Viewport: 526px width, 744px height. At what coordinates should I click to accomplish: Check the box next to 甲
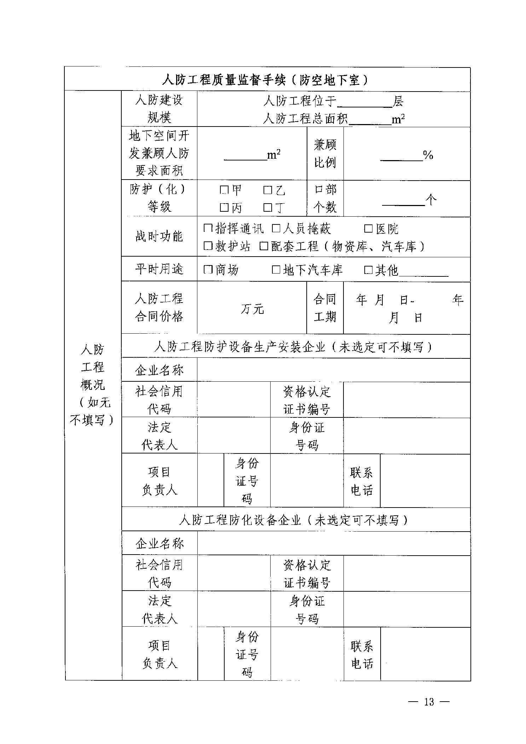(224, 190)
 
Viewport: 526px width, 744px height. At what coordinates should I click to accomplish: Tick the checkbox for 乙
(268, 190)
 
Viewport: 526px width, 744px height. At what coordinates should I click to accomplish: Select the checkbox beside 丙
(224, 207)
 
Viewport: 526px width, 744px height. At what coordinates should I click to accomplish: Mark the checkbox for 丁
(268, 207)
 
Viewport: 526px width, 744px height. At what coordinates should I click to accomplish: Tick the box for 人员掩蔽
(276, 228)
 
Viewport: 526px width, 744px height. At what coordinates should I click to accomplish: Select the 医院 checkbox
(368, 229)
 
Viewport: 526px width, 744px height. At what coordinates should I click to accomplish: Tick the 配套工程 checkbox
(264, 246)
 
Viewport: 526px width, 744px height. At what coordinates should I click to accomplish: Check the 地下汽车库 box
(276, 270)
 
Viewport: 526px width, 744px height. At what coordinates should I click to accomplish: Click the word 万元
(252, 309)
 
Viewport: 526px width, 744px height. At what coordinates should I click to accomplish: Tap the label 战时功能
(159, 236)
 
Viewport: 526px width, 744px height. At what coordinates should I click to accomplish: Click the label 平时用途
(159, 269)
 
